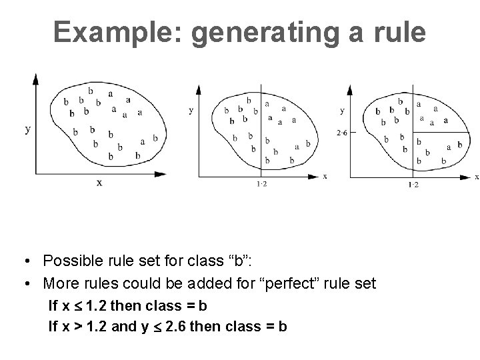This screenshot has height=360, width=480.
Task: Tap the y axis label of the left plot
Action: coord(27,129)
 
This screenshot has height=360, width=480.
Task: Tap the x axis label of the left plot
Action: coord(99,182)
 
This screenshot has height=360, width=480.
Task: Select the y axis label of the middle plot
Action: coord(191,109)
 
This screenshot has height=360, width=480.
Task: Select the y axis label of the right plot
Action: coord(342,110)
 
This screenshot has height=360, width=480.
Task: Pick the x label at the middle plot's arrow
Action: coord(325,176)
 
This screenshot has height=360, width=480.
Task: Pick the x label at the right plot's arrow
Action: coord(476,177)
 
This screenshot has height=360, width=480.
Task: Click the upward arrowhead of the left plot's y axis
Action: coord(36,79)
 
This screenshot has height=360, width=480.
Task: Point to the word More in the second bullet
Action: coord(59,284)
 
